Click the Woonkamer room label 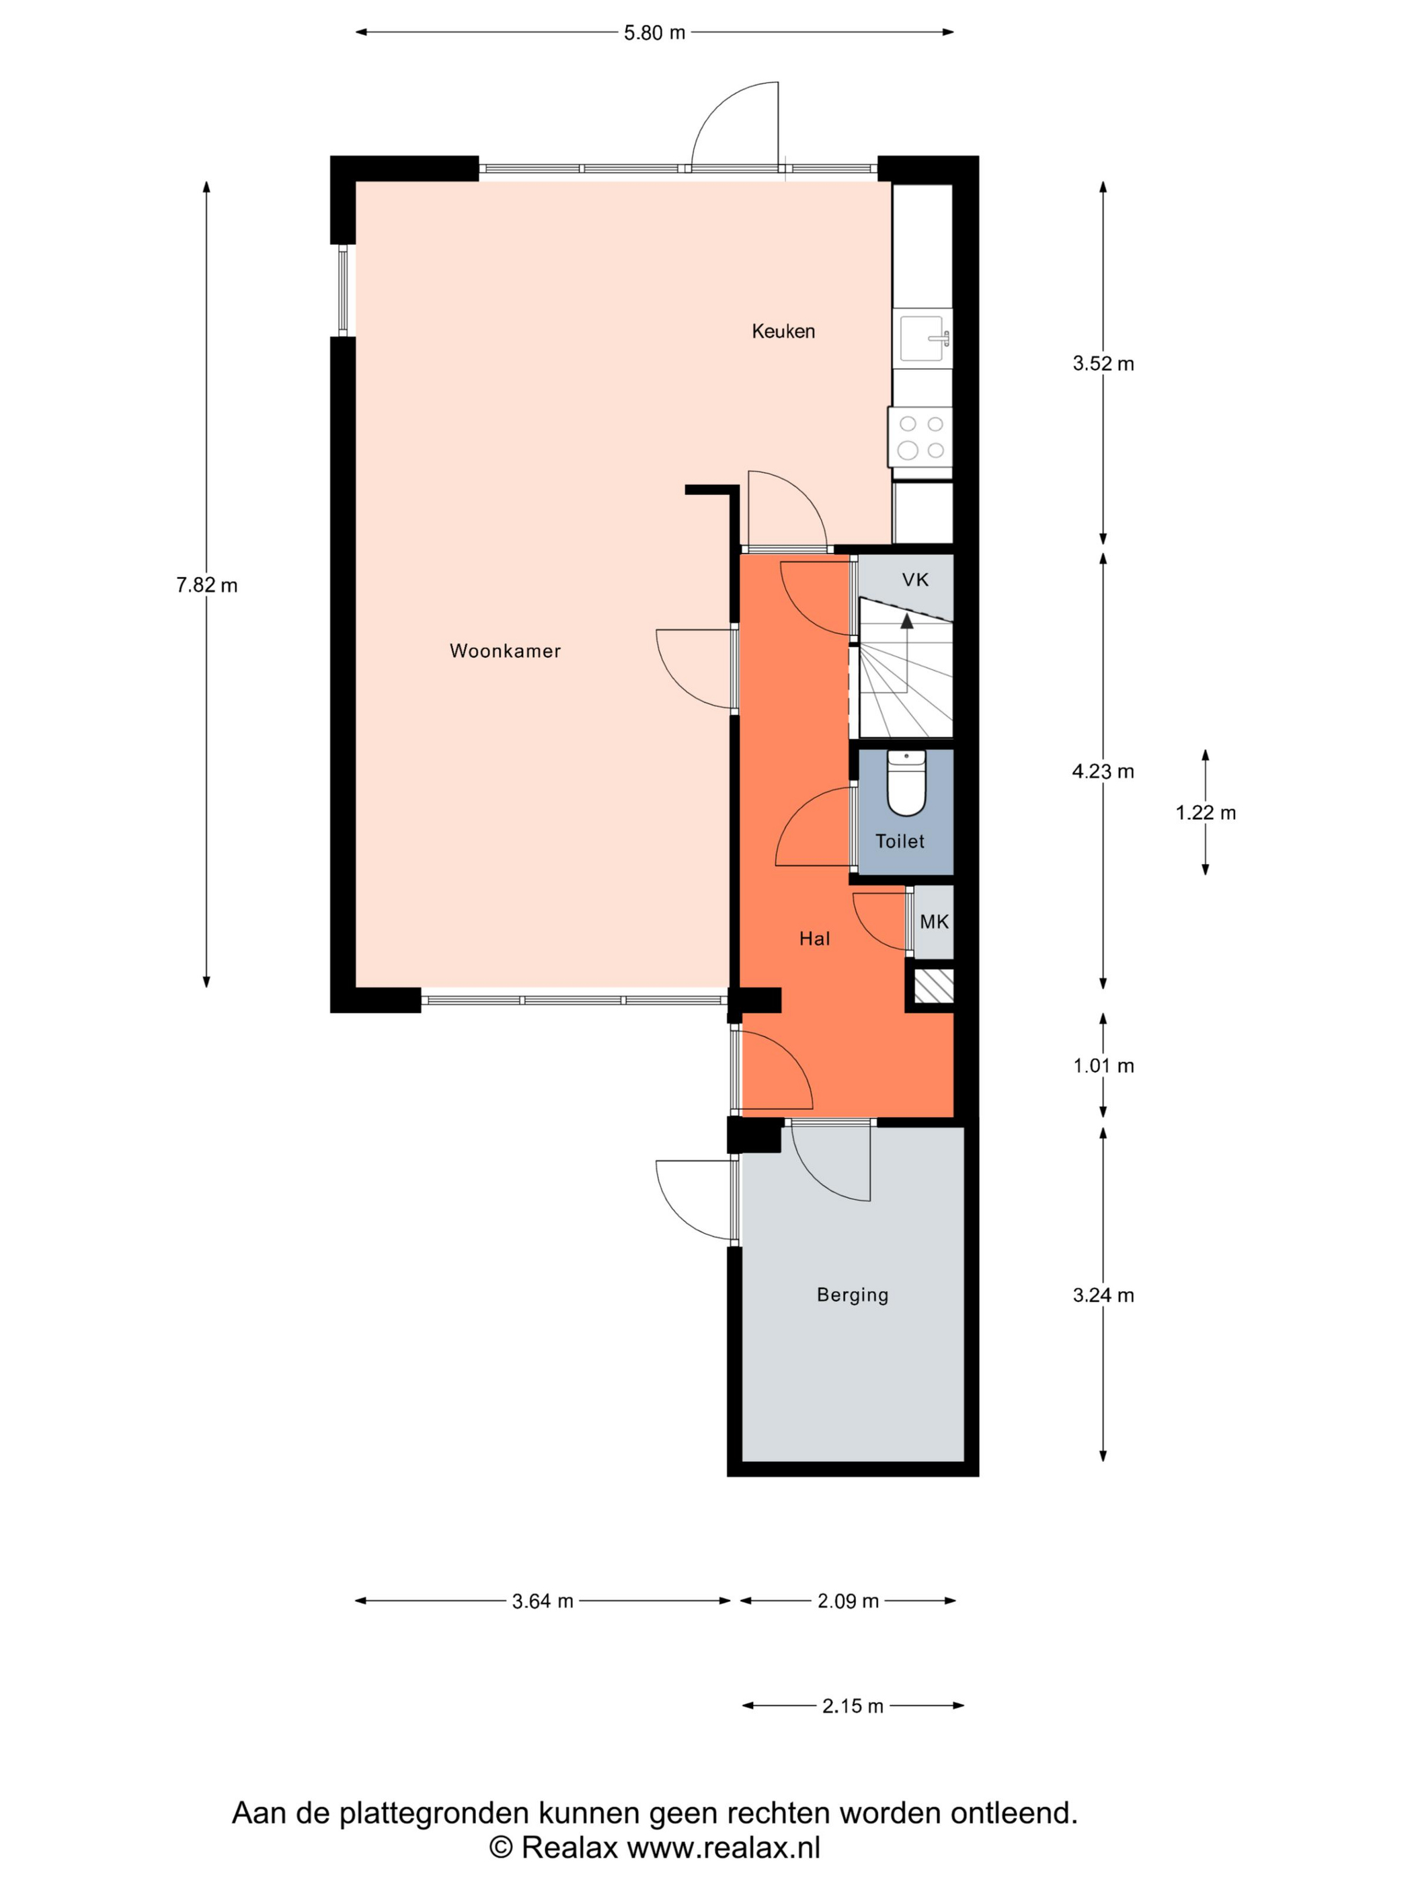tap(505, 651)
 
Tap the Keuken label tap(783, 331)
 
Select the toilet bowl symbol tap(907, 782)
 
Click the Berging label tap(852, 1295)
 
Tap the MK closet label tap(935, 922)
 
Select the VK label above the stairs tap(915, 580)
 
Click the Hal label tap(814, 939)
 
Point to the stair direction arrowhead tap(907, 621)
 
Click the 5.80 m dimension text tap(654, 33)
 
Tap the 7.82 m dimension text tap(207, 586)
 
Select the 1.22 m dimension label tap(1205, 813)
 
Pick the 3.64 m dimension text tap(542, 1601)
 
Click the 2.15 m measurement tap(853, 1706)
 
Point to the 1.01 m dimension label tap(1103, 1066)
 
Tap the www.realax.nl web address tap(723, 1847)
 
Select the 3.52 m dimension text tap(1103, 364)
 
